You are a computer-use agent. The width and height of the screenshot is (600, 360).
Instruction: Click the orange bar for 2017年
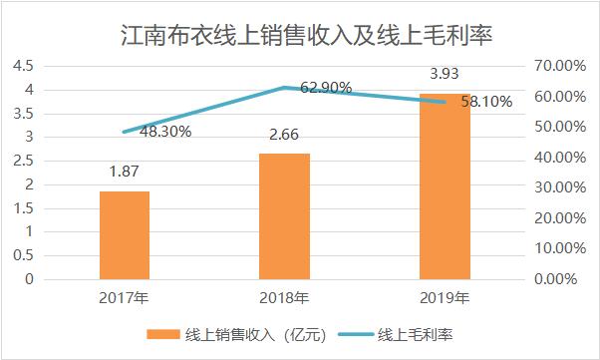coord(125,235)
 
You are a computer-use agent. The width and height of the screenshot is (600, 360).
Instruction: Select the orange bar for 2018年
coord(285,216)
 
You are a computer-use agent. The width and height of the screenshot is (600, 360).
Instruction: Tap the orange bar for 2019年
coord(445,186)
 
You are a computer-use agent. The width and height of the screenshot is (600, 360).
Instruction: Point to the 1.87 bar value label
coord(125,173)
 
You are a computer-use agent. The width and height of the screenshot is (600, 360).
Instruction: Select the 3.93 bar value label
coord(445,74)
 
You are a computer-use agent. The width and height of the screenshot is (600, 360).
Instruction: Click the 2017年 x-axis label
coord(125,297)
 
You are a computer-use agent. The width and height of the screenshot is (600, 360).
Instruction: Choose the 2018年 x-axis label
coord(285,297)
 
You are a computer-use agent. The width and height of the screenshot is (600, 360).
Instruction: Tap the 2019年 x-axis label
coord(445,297)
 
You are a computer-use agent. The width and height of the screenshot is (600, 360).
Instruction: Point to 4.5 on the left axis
coord(22,66)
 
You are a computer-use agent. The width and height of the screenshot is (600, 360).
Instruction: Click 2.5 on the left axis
coord(22,161)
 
